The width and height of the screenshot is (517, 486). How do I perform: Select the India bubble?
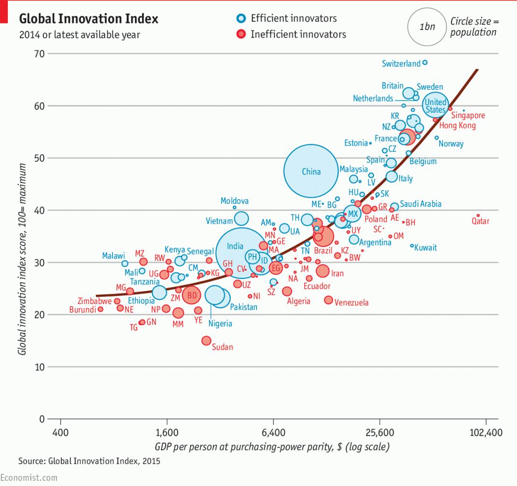click(x=240, y=252)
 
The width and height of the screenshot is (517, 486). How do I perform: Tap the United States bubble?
click(x=435, y=104)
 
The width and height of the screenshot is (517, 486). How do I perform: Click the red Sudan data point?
click(x=206, y=341)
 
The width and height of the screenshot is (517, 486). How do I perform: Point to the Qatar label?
click(x=480, y=221)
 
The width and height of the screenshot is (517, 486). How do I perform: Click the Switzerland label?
click(x=401, y=64)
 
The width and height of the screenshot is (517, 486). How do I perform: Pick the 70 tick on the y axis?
click(x=39, y=53)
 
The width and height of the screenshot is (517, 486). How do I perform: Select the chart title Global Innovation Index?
click(x=88, y=19)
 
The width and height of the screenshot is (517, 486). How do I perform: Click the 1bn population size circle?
click(x=427, y=27)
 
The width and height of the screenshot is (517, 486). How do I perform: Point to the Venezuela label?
click(x=351, y=303)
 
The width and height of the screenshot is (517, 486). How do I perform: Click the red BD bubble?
click(x=192, y=295)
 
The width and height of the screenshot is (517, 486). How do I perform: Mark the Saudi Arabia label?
click(x=420, y=204)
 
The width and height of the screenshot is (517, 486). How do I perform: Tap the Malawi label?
click(x=113, y=256)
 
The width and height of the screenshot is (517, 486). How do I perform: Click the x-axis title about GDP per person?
click(x=272, y=446)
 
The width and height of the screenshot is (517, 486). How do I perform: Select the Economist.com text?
click(x=28, y=478)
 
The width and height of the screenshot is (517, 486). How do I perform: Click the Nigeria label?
click(x=220, y=324)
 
